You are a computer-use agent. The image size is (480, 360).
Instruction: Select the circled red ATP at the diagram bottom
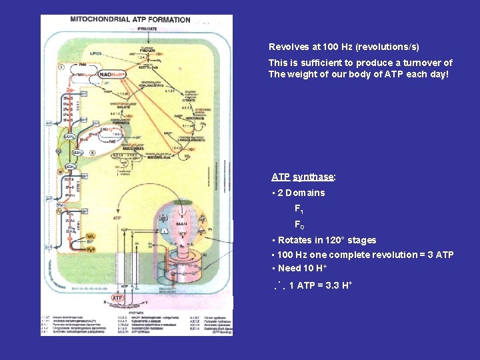[x=117, y=298]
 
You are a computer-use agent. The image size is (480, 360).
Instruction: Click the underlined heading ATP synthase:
[x=303, y=177]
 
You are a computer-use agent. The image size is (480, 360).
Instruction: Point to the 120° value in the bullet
[x=337, y=240]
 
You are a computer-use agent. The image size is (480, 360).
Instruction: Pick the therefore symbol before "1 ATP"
[x=279, y=286]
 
